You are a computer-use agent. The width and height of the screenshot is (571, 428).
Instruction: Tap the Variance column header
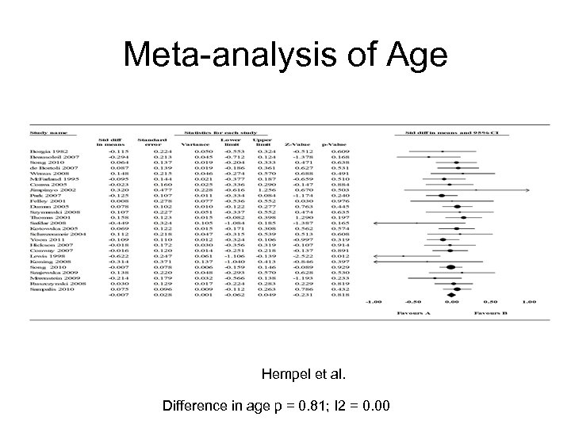pyautogui.click(x=190, y=143)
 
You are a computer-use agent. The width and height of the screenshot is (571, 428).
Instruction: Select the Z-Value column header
pyautogui.click(x=303, y=143)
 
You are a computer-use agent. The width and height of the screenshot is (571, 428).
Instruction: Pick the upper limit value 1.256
pyautogui.click(x=266, y=190)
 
